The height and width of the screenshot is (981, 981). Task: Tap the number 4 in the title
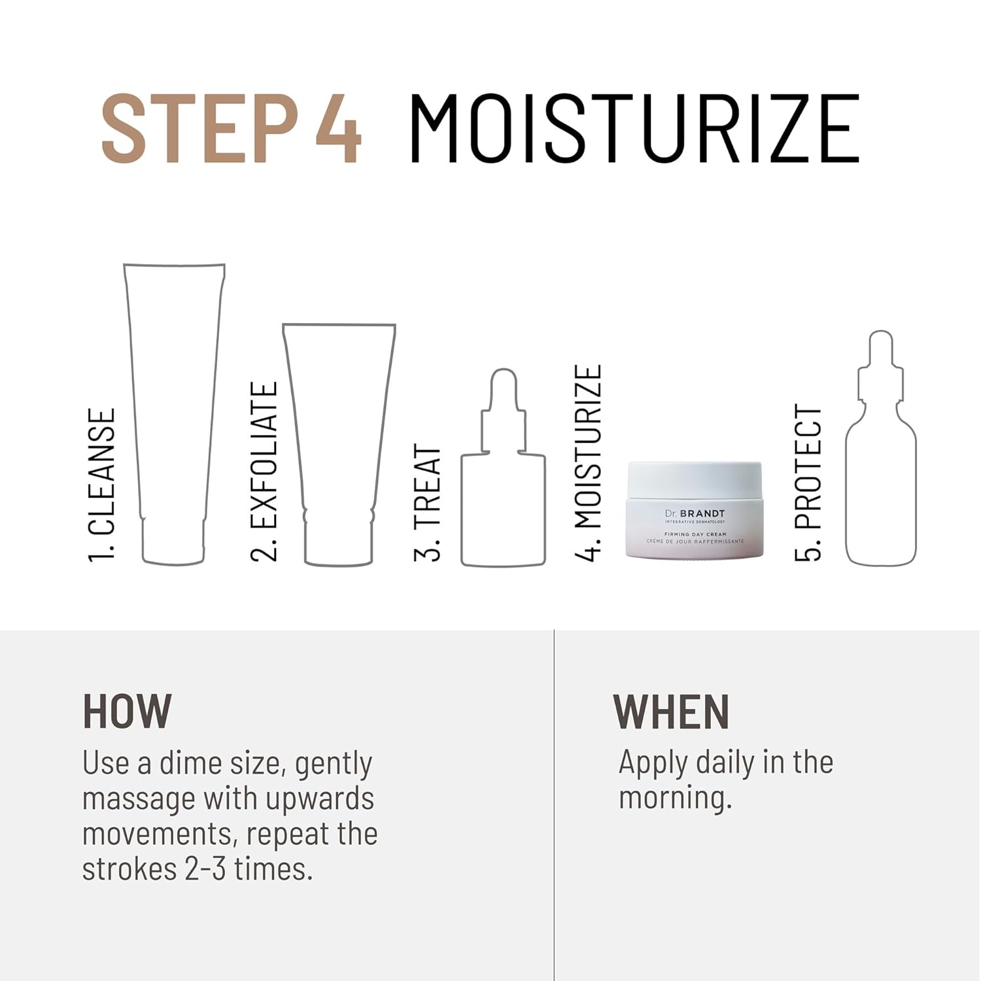coord(338,128)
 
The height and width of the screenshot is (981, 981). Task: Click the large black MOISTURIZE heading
coord(634,128)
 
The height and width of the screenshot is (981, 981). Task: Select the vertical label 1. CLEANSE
coord(102,485)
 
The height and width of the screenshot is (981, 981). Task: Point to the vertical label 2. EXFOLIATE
coord(264,472)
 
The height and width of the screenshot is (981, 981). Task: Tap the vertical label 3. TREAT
coord(427,503)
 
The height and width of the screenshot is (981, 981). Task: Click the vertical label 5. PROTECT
coord(808,483)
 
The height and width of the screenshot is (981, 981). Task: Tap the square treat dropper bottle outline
coord(462,510)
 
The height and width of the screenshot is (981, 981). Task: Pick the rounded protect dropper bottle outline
coord(848,497)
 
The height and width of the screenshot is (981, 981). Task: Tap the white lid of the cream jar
coord(695,481)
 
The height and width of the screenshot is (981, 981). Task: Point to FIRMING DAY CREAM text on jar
coord(695,534)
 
